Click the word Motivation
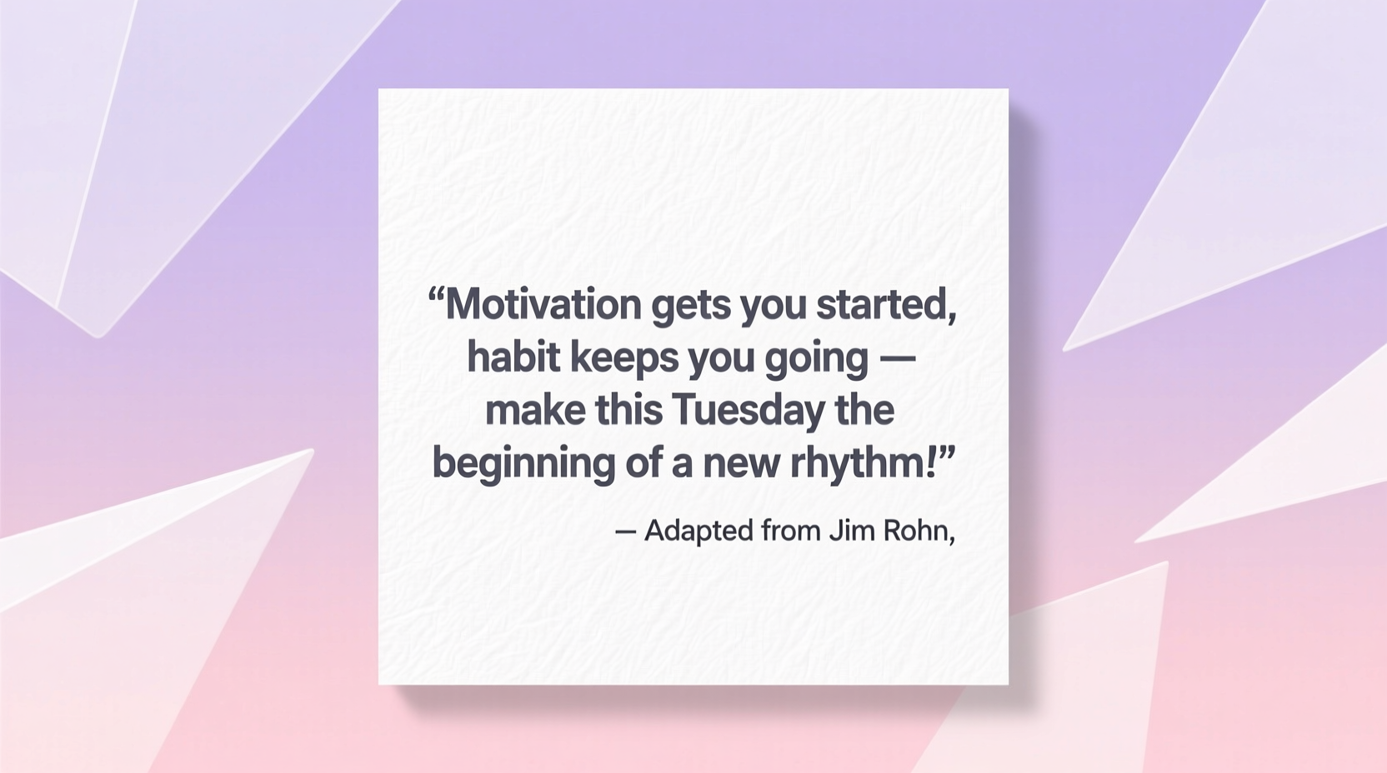543,305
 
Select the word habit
513,357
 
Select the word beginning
523,464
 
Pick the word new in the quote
740,464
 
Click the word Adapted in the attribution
699,531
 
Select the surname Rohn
914,531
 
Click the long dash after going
898,359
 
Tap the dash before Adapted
625,531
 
